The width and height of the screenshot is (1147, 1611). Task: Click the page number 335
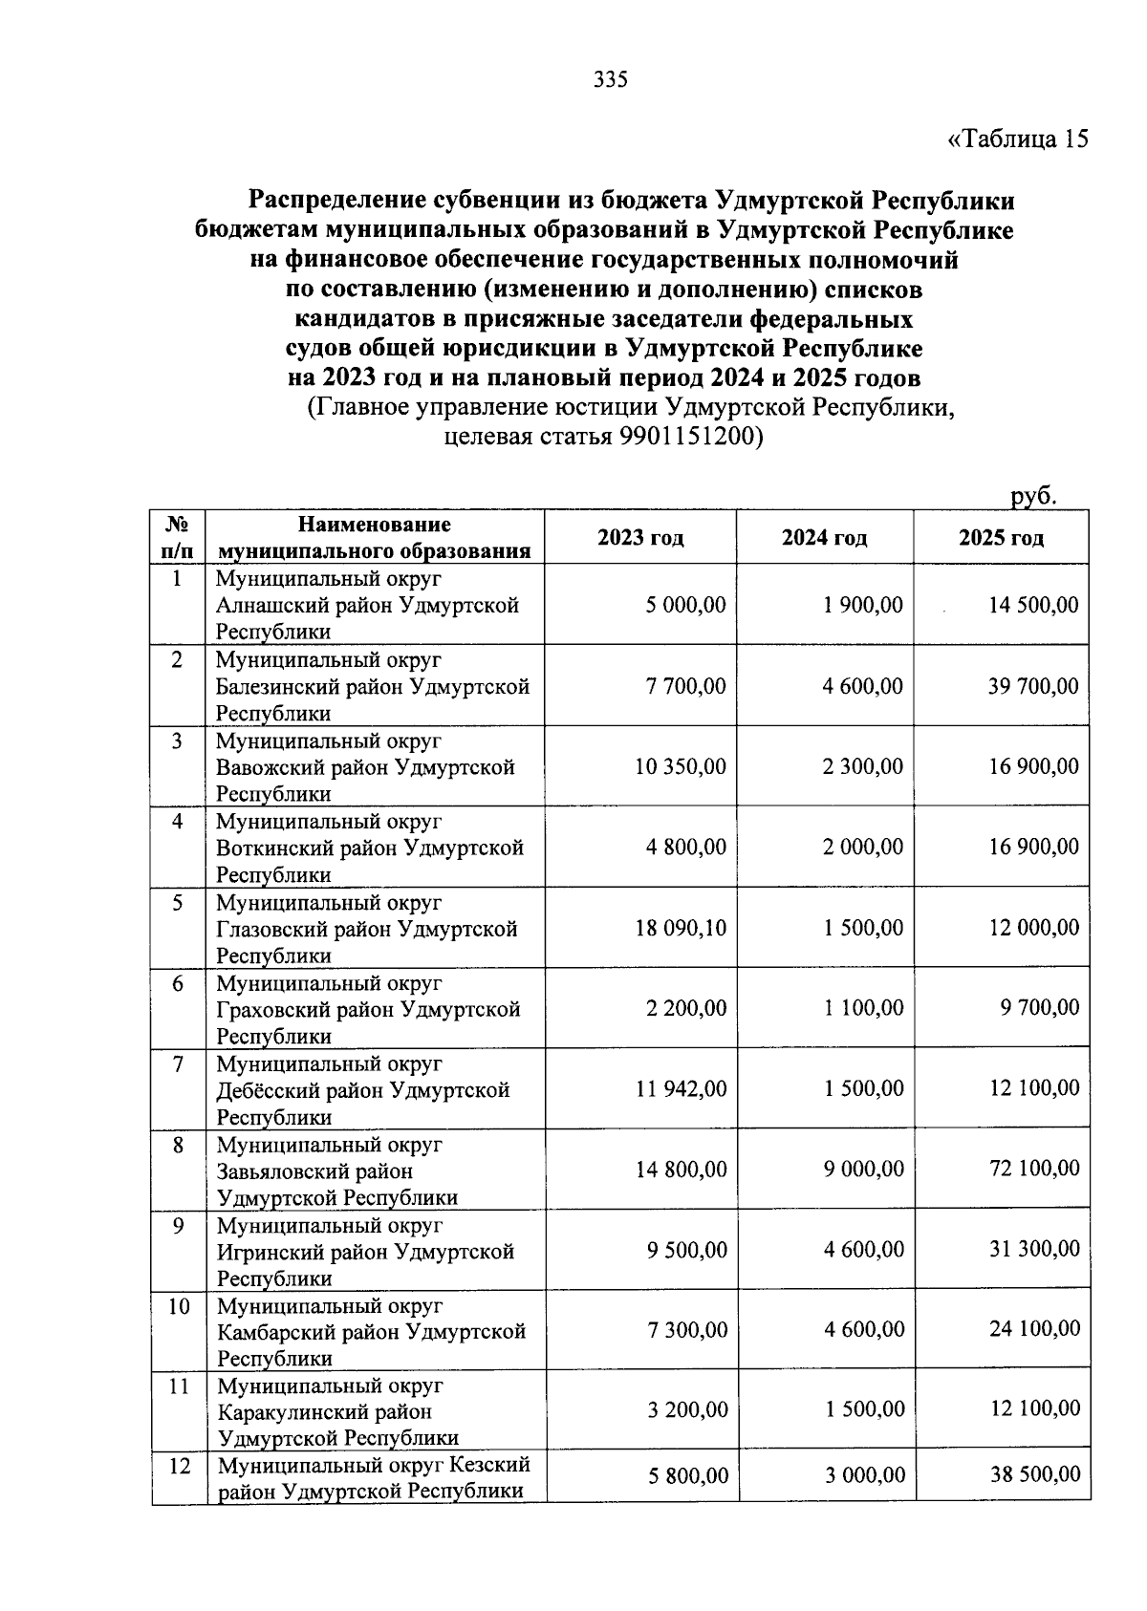click(610, 80)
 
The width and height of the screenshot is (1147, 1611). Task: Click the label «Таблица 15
click(1017, 140)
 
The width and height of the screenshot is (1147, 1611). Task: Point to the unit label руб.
click(1033, 496)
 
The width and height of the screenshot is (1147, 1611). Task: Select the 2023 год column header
click(640, 538)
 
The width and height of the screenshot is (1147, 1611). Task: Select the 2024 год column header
click(824, 538)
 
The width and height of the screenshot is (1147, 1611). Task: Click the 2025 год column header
click(1001, 538)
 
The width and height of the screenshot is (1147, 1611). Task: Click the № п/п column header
click(178, 538)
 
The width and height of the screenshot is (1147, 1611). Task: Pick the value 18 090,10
click(681, 928)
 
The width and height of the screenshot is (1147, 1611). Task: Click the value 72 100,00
click(1034, 1169)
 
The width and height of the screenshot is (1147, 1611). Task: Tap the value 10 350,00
click(681, 766)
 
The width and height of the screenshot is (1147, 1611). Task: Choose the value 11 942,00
click(681, 1088)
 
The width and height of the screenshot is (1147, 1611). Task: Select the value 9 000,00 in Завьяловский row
click(864, 1169)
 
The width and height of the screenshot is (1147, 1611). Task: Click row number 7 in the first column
click(178, 1063)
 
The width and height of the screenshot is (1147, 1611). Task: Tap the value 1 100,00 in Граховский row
click(864, 1008)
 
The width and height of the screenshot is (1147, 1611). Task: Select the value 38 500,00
click(1035, 1475)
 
